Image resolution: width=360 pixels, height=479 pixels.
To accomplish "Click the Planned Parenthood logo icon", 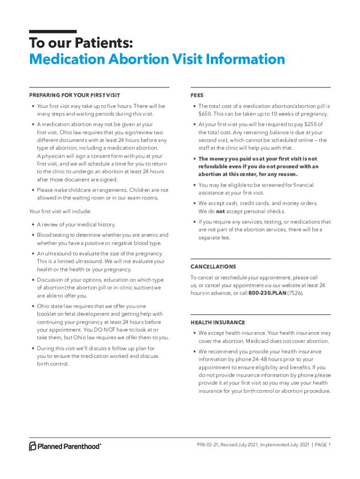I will point(33,446).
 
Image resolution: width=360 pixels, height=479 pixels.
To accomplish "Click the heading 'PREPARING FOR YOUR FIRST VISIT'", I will point(74,96).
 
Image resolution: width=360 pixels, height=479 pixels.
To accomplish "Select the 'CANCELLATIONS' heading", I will point(213,267).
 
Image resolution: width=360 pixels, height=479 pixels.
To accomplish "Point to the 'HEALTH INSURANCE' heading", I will point(217,323).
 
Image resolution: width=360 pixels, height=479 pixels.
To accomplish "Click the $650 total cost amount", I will point(204,114).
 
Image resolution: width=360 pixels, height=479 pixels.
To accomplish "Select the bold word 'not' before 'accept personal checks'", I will point(220,211).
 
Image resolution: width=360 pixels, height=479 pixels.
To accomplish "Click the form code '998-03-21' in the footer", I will point(209,445).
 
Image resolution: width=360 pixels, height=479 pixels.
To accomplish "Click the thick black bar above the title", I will point(53,31).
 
